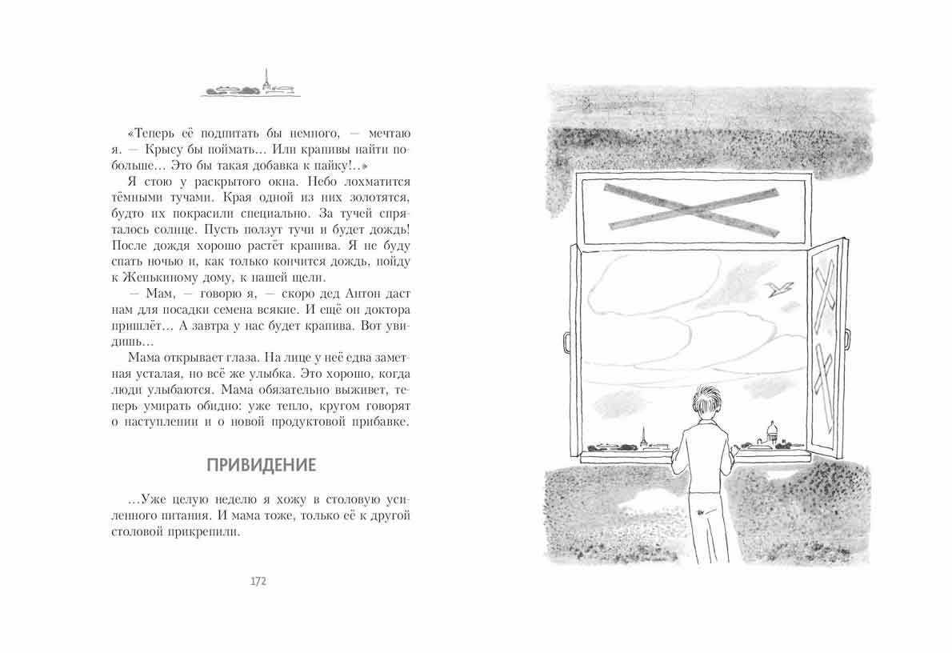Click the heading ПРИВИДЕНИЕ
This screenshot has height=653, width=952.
point(262,465)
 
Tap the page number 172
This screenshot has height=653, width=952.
point(258,581)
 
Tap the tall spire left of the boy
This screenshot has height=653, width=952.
point(642,436)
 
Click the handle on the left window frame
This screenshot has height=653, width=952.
point(566,340)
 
